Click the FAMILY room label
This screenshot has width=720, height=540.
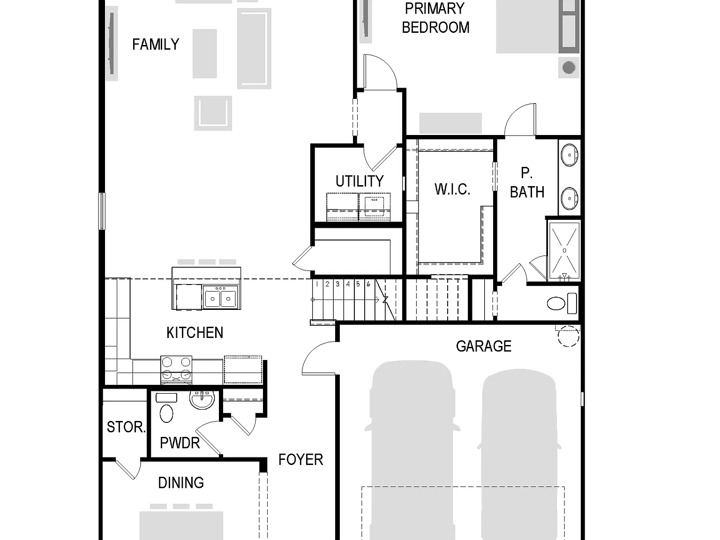[x=156, y=45]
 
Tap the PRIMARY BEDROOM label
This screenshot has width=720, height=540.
[x=435, y=18]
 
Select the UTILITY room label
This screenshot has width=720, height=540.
[x=360, y=181]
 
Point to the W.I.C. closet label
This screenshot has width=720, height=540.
[x=452, y=189]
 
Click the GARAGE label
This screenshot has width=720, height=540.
[x=483, y=346]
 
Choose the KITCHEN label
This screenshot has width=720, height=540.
[x=195, y=333]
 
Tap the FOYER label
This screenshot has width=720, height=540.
[x=301, y=460]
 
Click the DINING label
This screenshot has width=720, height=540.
[x=181, y=483]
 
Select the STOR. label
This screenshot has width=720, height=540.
[x=126, y=427]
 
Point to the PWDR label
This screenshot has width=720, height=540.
[x=180, y=443]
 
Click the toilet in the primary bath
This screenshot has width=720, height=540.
[x=562, y=303]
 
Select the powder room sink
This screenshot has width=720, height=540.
[x=202, y=400]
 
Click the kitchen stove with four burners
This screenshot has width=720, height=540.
[x=176, y=370]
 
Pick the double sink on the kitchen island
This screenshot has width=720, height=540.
[x=220, y=297]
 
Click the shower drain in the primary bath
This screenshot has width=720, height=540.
[x=564, y=250]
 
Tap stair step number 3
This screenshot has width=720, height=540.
[x=337, y=284]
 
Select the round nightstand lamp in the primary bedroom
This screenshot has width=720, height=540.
[x=569, y=68]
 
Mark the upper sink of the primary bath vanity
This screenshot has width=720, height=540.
[x=569, y=155]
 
